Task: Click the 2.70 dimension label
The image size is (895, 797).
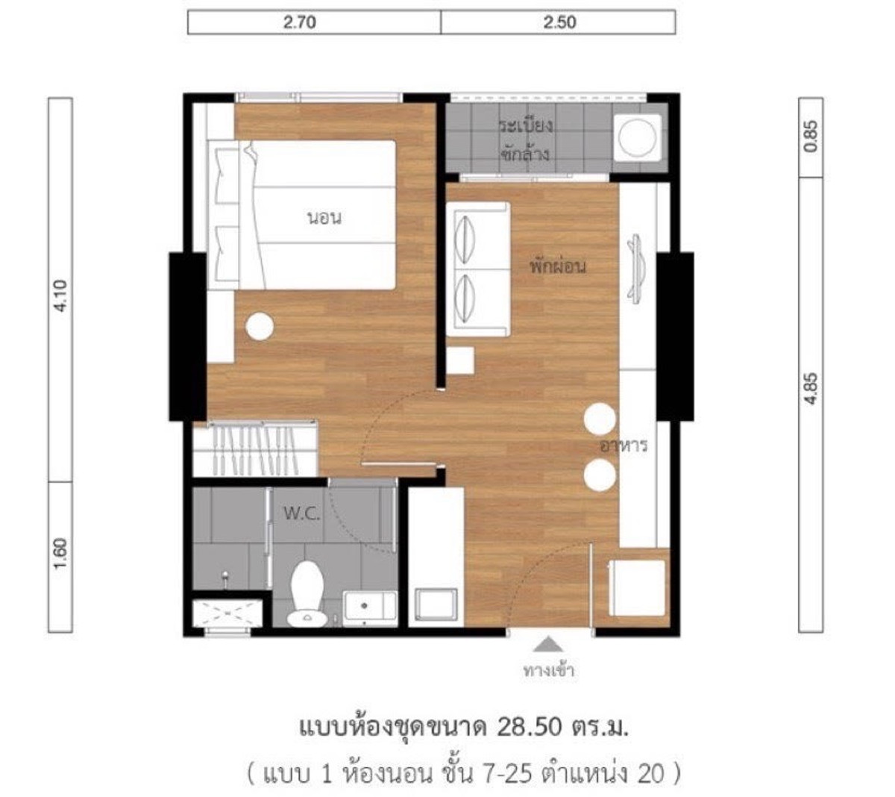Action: coord(300,22)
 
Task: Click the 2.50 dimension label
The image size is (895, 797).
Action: coord(559,22)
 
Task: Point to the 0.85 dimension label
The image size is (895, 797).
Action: coord(811,137)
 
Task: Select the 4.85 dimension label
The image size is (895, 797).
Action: coord(811,390)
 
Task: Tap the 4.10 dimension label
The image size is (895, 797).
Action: coord(60,296)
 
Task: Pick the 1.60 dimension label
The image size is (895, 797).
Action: coord(60,554)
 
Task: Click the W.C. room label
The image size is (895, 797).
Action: coord(302,513)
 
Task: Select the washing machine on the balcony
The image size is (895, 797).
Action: coord(637,137)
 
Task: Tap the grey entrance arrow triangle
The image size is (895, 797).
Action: coord(547,643)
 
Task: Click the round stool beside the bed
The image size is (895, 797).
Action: coord(260,326)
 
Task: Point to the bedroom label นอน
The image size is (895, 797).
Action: coord(324,218)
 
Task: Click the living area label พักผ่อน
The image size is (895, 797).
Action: coord(559,266)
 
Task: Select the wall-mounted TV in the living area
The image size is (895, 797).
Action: coord(636,269)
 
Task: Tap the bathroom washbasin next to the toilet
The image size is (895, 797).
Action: coord(370,608)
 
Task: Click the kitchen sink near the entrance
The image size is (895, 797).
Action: coord(435,604)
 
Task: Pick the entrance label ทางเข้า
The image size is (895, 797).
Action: coord(549,670)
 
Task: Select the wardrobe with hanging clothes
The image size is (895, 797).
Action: coord(255,448)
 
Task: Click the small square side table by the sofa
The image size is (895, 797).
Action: coord(460,360)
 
